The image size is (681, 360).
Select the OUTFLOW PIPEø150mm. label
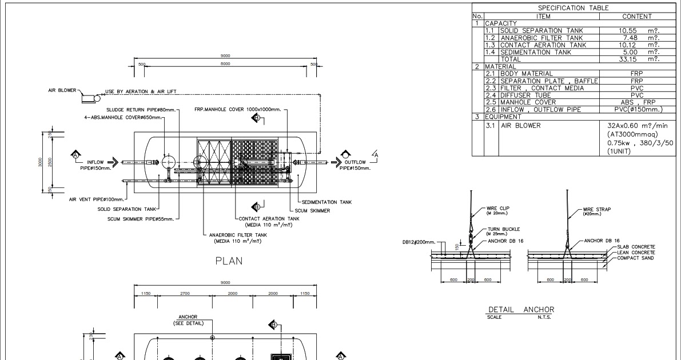point(355,165)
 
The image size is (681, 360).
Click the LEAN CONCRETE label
point(636,252)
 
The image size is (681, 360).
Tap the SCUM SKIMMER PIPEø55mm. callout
point(143,218)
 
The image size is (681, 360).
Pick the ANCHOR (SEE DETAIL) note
point(188,319)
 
